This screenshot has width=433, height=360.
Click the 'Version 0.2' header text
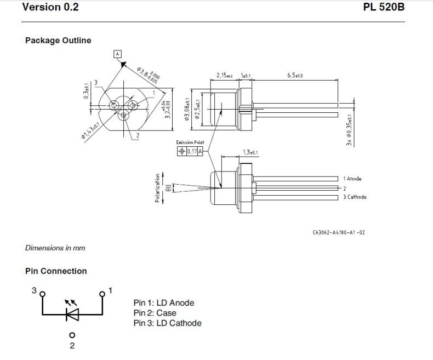50,8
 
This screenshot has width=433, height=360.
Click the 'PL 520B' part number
384,8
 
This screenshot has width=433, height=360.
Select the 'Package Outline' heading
58,41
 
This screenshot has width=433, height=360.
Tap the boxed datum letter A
117,54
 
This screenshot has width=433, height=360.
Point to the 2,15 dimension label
224,75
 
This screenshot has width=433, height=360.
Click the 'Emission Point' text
190,142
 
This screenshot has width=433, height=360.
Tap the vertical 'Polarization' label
157,188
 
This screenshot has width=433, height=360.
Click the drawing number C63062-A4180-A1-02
338,232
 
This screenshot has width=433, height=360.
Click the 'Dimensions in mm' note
55,248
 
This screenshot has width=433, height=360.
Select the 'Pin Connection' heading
56,271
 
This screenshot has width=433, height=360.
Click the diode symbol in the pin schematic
71,314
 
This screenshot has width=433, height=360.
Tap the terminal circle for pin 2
71,335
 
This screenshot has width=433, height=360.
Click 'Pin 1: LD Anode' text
164,302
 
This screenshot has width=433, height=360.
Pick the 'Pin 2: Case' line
155,313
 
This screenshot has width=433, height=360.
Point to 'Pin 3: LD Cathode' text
167,323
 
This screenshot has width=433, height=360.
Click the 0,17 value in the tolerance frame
192,151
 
